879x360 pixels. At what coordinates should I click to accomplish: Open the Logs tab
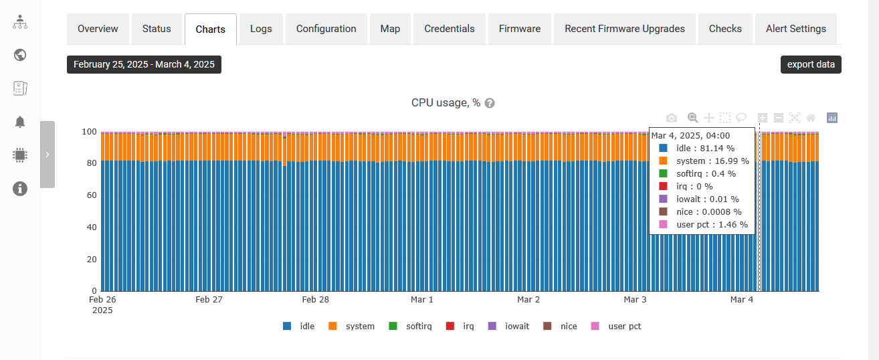tap(261, 29)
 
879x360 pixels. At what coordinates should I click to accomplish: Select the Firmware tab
tap(520, 29)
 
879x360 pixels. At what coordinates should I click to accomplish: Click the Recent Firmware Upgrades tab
tap(625, 29)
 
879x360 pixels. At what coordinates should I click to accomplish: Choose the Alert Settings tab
tap(796, 29)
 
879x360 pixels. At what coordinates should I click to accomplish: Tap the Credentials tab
tap(450, 29)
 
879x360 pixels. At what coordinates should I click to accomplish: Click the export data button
tap(811, 64)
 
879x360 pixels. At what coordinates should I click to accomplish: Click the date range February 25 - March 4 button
tap(144, 64)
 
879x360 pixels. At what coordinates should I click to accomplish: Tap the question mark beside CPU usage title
tap(490, 103)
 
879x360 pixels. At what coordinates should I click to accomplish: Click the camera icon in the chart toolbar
tap(672, 118)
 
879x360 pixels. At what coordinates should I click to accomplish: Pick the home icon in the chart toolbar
tap(811, 118)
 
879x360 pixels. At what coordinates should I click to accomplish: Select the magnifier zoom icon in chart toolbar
tap(693, 118)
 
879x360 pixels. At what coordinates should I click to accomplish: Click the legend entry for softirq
tap(411, 327)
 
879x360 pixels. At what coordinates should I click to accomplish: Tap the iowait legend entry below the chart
tap(509, 327)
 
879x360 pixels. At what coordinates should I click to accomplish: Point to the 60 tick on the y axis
tap(91, 195)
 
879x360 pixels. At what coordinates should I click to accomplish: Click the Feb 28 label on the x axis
tap(315, 300)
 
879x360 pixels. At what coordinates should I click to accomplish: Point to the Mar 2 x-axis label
tap(528, 300)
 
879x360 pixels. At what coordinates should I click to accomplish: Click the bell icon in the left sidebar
tap(20, 122)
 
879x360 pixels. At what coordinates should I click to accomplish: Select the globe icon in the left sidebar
tap(20, 55)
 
